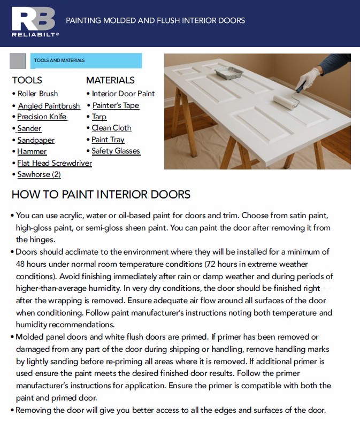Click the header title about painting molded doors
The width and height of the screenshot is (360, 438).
(156, 20)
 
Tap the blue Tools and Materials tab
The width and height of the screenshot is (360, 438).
(86, 60)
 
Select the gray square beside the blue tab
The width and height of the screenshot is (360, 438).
(18, 60)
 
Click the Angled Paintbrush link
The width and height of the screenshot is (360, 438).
(49, 106)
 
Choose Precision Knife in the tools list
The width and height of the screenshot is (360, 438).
(42, 117)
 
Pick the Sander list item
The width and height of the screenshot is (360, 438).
(29, 128)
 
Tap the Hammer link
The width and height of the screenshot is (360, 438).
(32, 151)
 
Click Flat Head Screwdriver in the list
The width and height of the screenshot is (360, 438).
(55, 163)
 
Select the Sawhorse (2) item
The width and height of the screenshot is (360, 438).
(39, 174)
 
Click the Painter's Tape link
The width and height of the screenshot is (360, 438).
(116, 105)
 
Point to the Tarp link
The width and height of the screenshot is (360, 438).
(99, 117)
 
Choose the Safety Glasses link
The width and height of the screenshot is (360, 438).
(116, 151)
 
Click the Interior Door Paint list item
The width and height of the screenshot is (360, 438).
(123, 94)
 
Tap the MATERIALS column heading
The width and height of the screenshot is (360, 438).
(110, 80)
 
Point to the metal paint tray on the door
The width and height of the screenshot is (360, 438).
(229, 73)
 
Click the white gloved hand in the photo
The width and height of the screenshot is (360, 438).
(308, 78)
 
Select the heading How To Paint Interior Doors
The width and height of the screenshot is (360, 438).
(101, 195)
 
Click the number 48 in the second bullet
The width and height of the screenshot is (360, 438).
(20, 264)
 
